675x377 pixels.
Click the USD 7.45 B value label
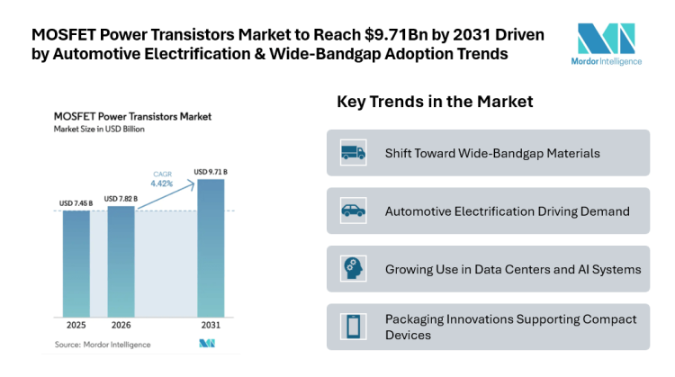pos(76,203)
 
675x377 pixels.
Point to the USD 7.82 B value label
pos(121,198)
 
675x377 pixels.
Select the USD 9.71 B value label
pos(211,172)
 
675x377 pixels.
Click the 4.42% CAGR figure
pos(163,183)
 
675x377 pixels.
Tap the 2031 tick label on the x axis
pos(211,324)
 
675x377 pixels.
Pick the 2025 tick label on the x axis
pos(76,324)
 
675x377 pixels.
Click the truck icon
pos(353,153)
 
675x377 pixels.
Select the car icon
pos(353,211)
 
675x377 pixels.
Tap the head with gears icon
pos(353,268)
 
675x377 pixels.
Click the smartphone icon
pos(353,327)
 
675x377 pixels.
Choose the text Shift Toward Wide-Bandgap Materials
pos(491,153)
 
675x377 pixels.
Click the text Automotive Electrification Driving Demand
pos(506,211)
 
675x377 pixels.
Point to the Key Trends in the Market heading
pos(435,102)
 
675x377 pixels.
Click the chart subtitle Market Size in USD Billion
pos(99,130)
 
